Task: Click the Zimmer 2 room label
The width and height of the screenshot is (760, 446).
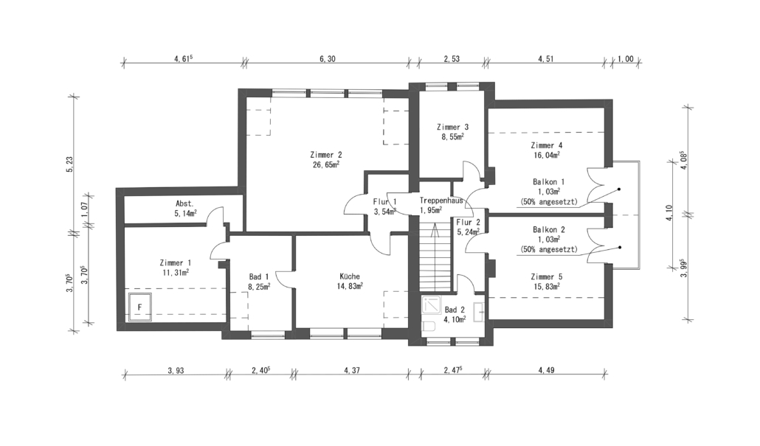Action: click(325, 155)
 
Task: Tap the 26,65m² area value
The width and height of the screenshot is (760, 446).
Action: click(325, 164)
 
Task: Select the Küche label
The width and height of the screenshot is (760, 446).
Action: click(350, 276)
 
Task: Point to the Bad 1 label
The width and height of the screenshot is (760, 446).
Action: click(259, 276)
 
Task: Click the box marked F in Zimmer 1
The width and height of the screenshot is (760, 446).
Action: click(139, 307)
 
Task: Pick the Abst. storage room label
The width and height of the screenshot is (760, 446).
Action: click(184, 204)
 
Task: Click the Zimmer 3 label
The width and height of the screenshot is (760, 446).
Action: click(453, 128)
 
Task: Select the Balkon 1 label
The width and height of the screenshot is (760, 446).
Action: click(549, 182)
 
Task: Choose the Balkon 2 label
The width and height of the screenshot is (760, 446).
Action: click(549, 229)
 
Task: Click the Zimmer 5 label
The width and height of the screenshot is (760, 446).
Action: click(547, 277)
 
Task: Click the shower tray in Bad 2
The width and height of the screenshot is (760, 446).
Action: click(432, 304)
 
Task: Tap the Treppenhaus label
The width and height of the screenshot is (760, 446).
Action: click(441, 201)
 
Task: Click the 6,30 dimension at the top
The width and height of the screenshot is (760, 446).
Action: click(328, 59)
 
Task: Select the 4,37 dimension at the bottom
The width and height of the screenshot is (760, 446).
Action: click(352, 371)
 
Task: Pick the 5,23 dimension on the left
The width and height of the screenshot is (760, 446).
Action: click(71, 164)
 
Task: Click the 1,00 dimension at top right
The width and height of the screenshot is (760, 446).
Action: click(625, 59)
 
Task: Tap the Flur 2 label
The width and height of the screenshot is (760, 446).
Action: click(469, 223)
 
